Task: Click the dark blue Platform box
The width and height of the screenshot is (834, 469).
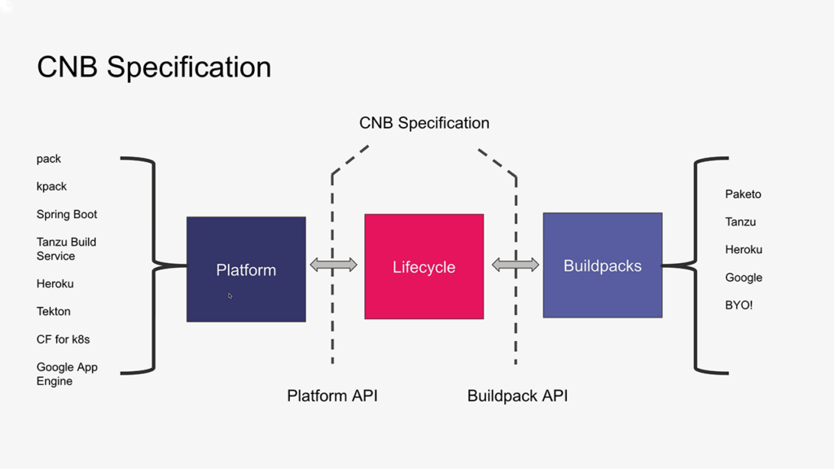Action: pos(246,269)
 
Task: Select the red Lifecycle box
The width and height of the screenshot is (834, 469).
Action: pos(424,266)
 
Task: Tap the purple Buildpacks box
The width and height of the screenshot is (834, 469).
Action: pos(603,265)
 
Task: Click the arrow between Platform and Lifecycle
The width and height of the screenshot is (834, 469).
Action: pos(333,265)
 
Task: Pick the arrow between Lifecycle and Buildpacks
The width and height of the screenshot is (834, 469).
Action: pos(516,265)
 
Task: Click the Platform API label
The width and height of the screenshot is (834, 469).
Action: pos(332,396)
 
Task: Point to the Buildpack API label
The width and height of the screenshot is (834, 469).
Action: pos(517,396)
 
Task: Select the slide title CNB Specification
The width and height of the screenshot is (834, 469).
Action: pos(154,68)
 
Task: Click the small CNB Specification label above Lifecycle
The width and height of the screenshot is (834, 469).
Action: pos(424,123)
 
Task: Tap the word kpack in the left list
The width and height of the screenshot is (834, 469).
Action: pos(51,186)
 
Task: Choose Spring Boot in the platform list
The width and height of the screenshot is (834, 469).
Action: pos(67,214)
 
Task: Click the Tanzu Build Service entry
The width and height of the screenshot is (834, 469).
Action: pos(67,249)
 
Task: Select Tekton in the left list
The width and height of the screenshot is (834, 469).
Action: pos(53,312)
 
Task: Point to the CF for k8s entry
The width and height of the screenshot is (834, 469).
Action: pos(64,340)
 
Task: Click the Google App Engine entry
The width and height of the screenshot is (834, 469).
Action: pos(67,374)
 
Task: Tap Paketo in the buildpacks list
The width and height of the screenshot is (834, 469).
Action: pos(743,194)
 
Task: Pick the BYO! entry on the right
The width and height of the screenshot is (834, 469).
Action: pos(739,305)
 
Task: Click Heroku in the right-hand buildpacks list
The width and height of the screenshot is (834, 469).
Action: pos(744,249)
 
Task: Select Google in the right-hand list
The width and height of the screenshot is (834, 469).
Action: pos(744,278)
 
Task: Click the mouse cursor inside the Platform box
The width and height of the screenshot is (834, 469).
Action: pos(230,296)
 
